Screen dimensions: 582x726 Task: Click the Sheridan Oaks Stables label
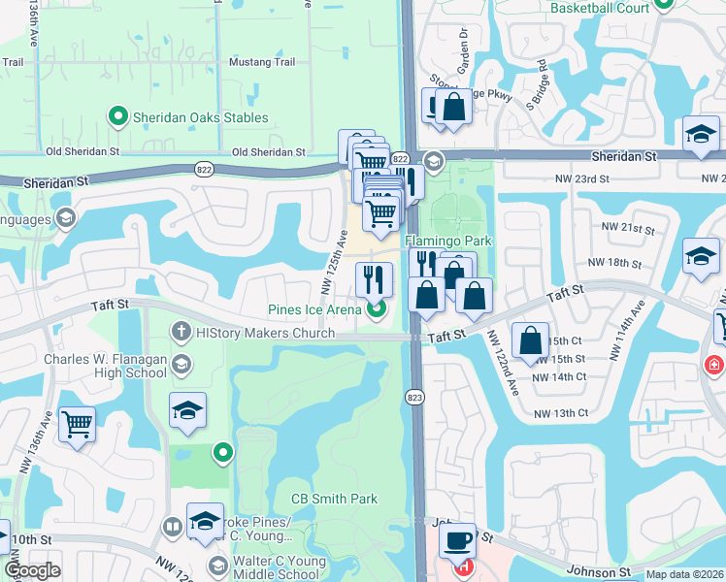[x=201, y=118]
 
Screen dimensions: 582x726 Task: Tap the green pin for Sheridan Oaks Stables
[x=118, y=118]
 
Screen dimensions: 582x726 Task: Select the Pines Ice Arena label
[x=314, y=310]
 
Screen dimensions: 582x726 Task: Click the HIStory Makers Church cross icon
[x=181, y=332]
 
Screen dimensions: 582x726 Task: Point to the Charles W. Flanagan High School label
[x=106, y=366]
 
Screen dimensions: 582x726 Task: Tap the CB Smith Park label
[x=334, y=499]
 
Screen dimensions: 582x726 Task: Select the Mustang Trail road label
[x=261, y=62]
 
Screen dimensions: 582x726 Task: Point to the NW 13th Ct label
[x=561, y=413]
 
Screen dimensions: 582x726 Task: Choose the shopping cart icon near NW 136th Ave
[x=77, y=424]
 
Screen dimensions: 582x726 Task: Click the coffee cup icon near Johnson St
[x=456, y=539]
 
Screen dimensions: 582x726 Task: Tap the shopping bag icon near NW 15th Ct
[x=531, y=340]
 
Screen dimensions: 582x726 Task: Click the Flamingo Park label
[x=448, y=241]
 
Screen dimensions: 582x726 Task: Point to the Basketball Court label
[x=600, y=8]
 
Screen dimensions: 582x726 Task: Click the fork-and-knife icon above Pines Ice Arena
[x=374, y=280]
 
